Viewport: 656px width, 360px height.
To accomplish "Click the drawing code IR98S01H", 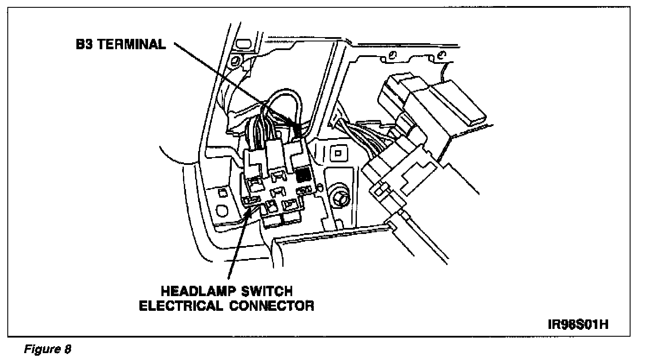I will [x=578, y=324].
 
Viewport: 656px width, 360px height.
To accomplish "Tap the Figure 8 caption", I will [x=47, y=349].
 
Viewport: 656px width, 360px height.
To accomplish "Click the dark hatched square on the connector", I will [x=304, y=175].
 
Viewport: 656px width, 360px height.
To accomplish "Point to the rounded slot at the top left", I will [x=244, y=43].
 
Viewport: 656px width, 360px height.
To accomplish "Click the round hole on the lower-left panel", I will [x=221, y=211].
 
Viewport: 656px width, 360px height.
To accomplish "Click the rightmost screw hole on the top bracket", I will [x=440, y=56].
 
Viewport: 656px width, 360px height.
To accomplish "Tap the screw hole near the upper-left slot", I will [x=236, y=60].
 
